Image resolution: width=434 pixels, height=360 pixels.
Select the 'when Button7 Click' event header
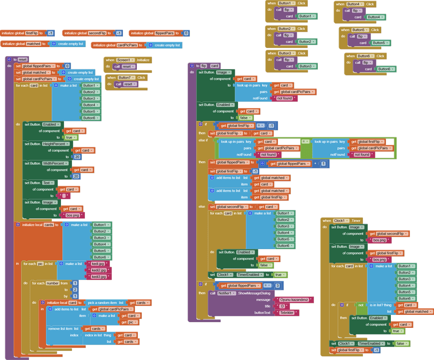coord(126,77)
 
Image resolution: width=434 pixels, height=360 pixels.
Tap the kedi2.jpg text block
coord(101,270)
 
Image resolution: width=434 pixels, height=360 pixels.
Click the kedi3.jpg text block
coord(101,277)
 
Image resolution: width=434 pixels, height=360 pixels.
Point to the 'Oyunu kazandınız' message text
coord(294,300)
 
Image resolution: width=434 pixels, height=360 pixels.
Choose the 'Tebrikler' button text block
coord(287,312)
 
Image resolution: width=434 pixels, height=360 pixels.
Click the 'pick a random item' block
coord(102,303)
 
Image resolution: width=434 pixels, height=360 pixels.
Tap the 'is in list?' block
coord(380,305)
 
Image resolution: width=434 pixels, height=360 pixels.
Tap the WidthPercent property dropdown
coord(56,164)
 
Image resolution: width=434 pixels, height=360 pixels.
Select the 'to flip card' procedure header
coord(204,66)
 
